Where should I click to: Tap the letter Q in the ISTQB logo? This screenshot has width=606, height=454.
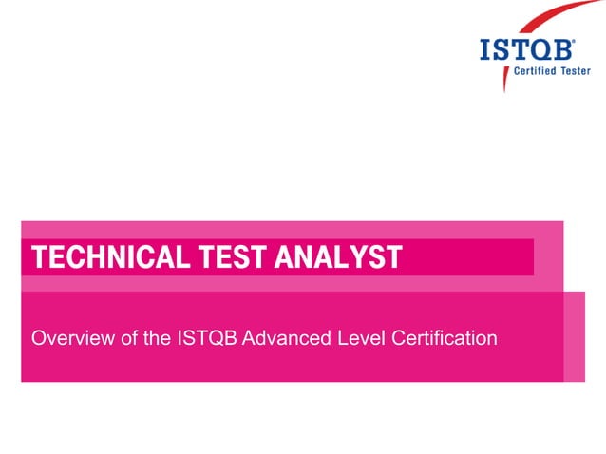click(546, 50)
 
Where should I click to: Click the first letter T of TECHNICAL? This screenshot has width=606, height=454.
click(39, 256)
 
